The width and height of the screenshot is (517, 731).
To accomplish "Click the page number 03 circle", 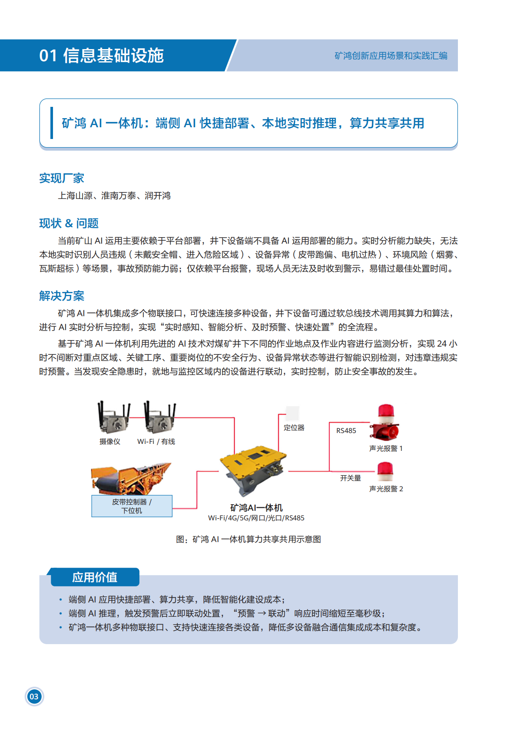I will [34, 696].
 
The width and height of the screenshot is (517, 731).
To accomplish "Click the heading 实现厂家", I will [61, 178].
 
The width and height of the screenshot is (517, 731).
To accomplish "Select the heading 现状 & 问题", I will [69, 223].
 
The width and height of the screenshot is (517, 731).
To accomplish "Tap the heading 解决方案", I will [61, 296].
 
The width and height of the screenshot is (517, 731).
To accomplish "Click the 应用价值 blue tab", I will [95, 577].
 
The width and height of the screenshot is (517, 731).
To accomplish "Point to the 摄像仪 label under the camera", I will [109, 441].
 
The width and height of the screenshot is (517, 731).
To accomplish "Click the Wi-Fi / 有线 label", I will [156, 441].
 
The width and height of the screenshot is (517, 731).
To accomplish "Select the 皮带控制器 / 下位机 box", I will [132, 506].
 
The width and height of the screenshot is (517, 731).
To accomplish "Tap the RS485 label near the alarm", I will [346, 430].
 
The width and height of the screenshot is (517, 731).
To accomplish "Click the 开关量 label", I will [350, 478].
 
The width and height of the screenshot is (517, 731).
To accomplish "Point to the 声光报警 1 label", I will [386, 448].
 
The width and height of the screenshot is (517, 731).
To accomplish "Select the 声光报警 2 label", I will [386, 489].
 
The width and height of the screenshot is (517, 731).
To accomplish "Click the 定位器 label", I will [294, 428].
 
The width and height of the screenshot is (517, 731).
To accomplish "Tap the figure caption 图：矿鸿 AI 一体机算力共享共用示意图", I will [248, 539].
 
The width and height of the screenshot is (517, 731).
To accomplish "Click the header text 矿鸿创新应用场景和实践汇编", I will [391, 56].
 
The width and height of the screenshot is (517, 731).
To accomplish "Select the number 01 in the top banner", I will [48, 56].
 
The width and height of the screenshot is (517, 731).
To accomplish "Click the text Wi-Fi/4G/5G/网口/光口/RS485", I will [256, 518].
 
